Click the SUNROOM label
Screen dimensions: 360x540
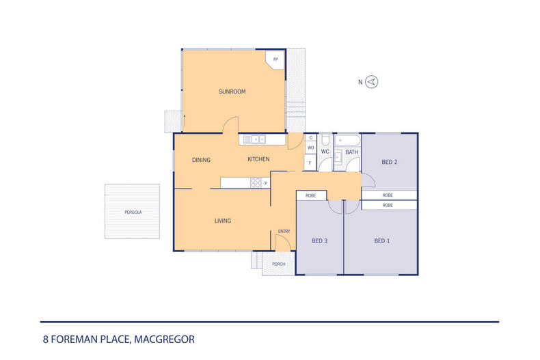[x=232, y=92]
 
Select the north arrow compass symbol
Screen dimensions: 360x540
[x=372, y=82]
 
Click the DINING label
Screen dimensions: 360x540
[x=201, y=160]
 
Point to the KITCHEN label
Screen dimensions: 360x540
[x=258, y=159]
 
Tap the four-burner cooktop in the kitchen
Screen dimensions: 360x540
[x=256, y=182]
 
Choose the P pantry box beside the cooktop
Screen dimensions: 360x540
[x=266, y=182]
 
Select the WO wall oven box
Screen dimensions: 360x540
[x=310, y=148]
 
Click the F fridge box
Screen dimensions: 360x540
[x=310, y=163]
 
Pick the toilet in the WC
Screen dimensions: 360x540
[x=325, y=139]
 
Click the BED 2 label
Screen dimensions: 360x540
[x=390, y=162]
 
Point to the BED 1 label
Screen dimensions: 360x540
[x=382, y=240]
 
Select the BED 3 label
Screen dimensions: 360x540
[x=319, y=240]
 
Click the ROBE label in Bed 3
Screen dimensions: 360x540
[x=310, y=195]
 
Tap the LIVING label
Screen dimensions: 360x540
[x=223, y=221]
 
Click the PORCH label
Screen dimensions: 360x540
[x=278, y=264]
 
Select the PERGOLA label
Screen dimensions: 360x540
[x=133, y=212]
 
